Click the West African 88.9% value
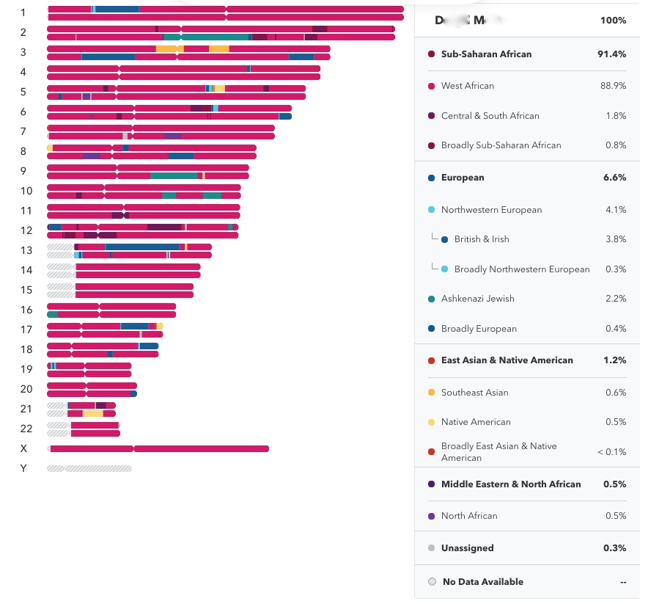click(x=614, y=86)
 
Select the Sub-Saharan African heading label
click(x=486, y=54)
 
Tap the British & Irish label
click(x=481, y=239)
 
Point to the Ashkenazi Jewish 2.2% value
click(x=616, y=299)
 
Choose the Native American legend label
click(x=476, y=422)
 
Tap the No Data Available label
click(x=482, y=582)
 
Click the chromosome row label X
click(x=23, y=448)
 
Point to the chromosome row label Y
click(x=23, y=468)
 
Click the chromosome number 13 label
click(x=26, y=250)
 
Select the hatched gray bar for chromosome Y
click(x=89, y=468)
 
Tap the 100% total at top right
click(x=613, y=21)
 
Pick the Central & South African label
click(x=490, y=116)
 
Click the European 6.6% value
click(x=615, y=178)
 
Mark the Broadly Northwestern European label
click(x=521, y=269)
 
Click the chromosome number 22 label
click(x=26, y=429)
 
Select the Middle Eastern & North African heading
click(x=510, y=484)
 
